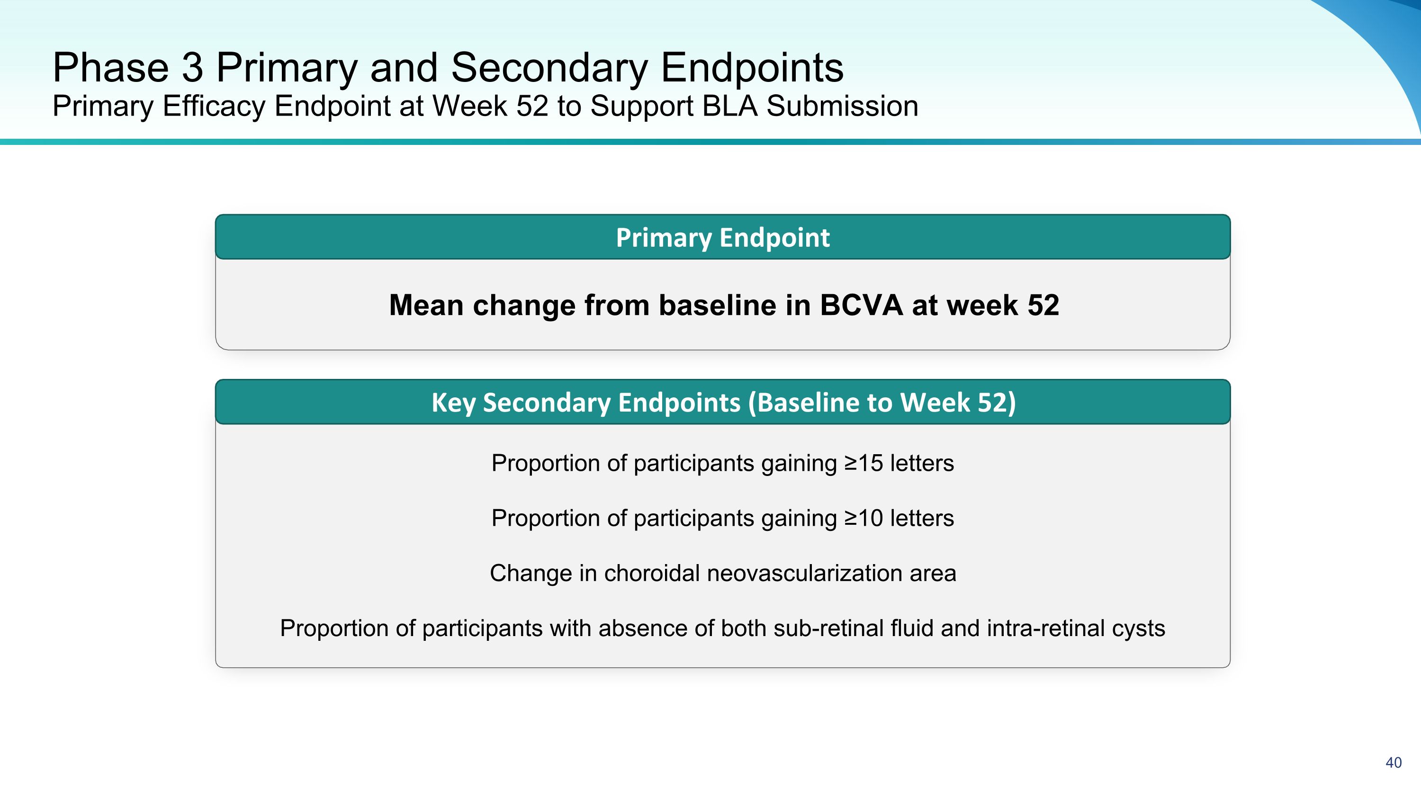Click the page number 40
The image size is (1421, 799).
pos(1394,763)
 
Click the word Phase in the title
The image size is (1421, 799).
pos(110,67)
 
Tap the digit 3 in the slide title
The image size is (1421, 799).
pos(192,67)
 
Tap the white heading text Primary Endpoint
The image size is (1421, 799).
pos(723,238)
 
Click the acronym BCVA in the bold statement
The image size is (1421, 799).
pos(861,305)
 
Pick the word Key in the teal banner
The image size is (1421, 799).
pos(453,403)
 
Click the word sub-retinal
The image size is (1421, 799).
pos(828,628)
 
